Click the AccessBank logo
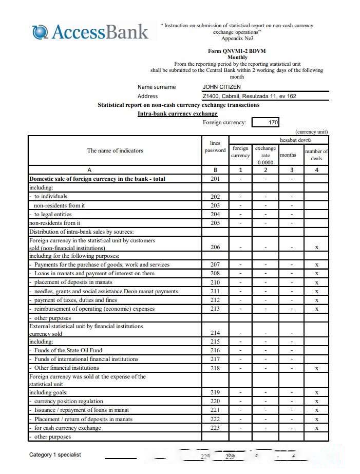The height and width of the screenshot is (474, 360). (90, 32)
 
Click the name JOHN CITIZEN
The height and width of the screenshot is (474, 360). (221, 87)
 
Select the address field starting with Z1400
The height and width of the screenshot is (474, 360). (249, 96)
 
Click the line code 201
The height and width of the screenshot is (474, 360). (215, 179)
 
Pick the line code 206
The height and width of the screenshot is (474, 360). (215, 247)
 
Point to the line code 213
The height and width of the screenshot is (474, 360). (215, 309)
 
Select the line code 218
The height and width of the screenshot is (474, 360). (215, 368)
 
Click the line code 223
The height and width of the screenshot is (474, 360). (215, 428)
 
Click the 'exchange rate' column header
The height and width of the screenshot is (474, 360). (266, 155)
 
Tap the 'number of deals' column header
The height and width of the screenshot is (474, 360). (316, 155)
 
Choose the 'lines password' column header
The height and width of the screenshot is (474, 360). (215, 147)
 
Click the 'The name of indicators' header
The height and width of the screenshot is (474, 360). (115, 150)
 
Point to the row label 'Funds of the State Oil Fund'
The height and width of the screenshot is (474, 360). (68, 350)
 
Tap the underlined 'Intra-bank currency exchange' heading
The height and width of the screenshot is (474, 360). (177, 113)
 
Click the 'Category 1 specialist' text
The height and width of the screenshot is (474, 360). (55, 454)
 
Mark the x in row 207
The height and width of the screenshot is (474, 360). (317, 265)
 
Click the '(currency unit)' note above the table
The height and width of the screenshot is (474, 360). (311, 131)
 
